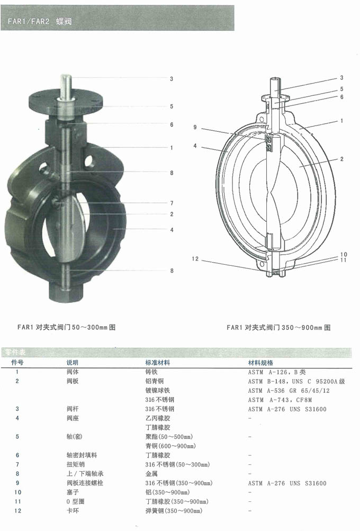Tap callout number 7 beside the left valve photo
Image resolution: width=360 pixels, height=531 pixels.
[172, 203]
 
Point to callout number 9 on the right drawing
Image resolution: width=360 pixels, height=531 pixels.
[195, 128]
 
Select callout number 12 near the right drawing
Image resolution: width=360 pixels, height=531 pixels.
[195, 259]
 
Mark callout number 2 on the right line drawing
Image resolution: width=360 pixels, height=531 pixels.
[343, 159]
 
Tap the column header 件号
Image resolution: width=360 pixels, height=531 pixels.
[17, 363]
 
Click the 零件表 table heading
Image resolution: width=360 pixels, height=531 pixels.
[19, 353]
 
